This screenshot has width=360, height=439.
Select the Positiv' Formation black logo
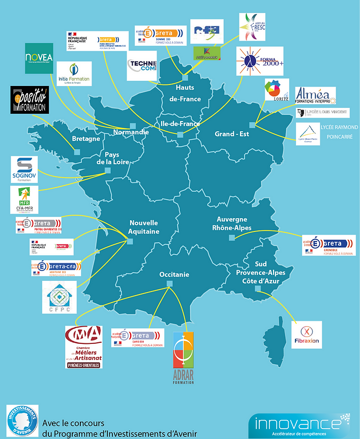pos(29,100)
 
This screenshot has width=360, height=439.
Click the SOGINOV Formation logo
pos(24,169)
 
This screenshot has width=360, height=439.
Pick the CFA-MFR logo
pos(23,199)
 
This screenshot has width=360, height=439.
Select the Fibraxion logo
pos(307,334)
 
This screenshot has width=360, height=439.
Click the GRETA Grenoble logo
pos(328,245)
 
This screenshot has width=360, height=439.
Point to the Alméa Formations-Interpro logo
pos(315,95)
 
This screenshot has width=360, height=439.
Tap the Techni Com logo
pos(141,66)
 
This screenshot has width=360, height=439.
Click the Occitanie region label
pos(174,275)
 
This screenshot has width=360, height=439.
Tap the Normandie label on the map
pos(131,132)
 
